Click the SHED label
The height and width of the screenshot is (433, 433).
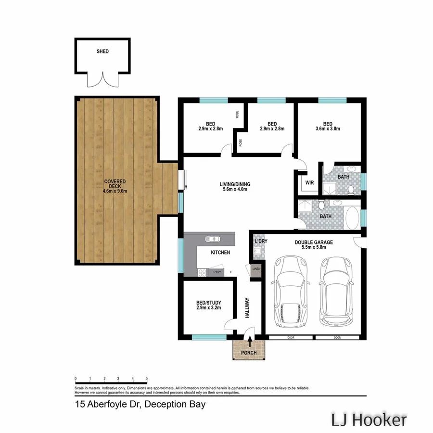(x=102, y=51)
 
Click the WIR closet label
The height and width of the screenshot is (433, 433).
(x=309, y=182)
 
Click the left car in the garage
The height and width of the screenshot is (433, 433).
(x=289, y=291)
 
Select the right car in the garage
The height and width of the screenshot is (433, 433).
(x=337, y=291)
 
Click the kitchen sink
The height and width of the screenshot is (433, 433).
(x=212, y=239)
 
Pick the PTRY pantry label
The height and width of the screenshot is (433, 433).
(x=212, y=272)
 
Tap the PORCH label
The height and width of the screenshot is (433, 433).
(x=249, y=353)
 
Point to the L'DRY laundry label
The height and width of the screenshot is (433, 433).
(x=261, y=241)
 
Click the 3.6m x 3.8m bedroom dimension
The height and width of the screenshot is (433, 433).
(x=328, y=128)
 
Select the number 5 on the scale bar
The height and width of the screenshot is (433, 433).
(x=146, y=379)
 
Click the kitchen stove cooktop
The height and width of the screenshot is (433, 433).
(x=202, y=273)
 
